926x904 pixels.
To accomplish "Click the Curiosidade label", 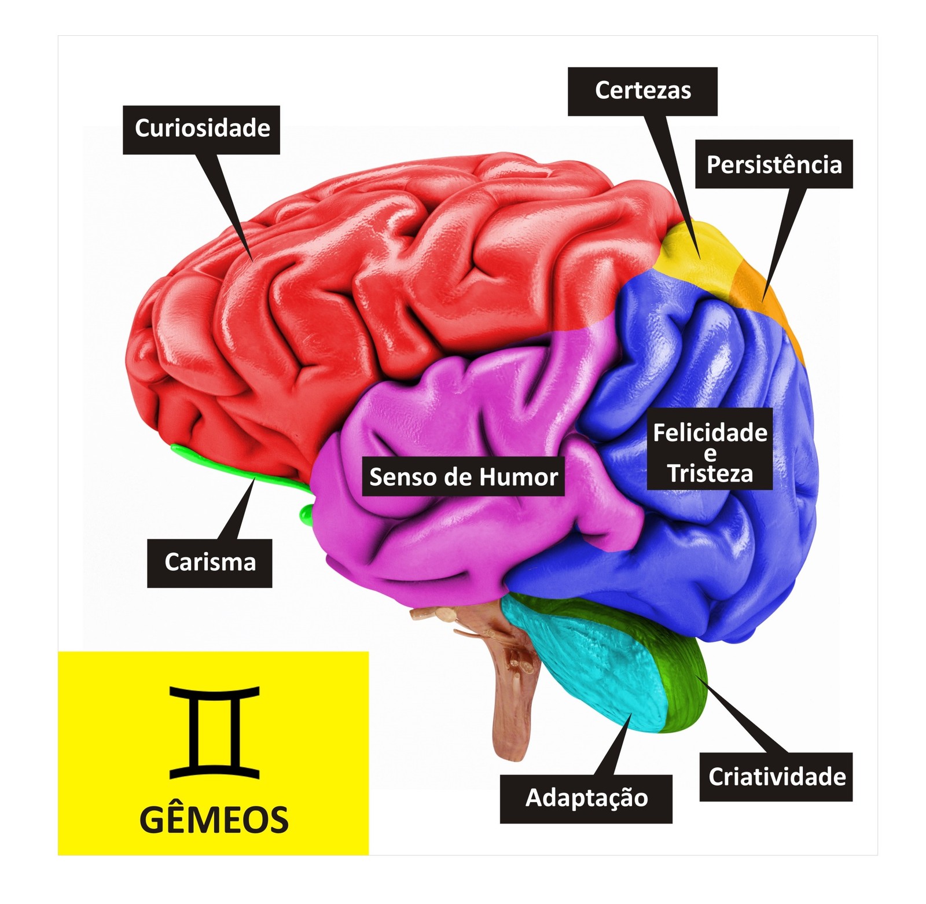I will tap(201, 129).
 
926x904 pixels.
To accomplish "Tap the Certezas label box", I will tap(642, 91).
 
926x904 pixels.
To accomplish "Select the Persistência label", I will tap(774, 164).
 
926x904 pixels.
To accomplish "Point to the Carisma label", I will tap(210, 563).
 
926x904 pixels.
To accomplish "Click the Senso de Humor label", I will tap(463, 477).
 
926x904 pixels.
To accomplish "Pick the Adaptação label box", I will tap(586, 798).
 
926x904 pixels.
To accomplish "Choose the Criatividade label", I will tap(776, 777).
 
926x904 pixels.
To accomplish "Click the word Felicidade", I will tap(710, 433).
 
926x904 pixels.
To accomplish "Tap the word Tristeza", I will tap(710, 474).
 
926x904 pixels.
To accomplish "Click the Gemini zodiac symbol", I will tap(214, 732).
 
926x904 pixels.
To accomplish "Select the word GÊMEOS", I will tap(214, 820).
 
